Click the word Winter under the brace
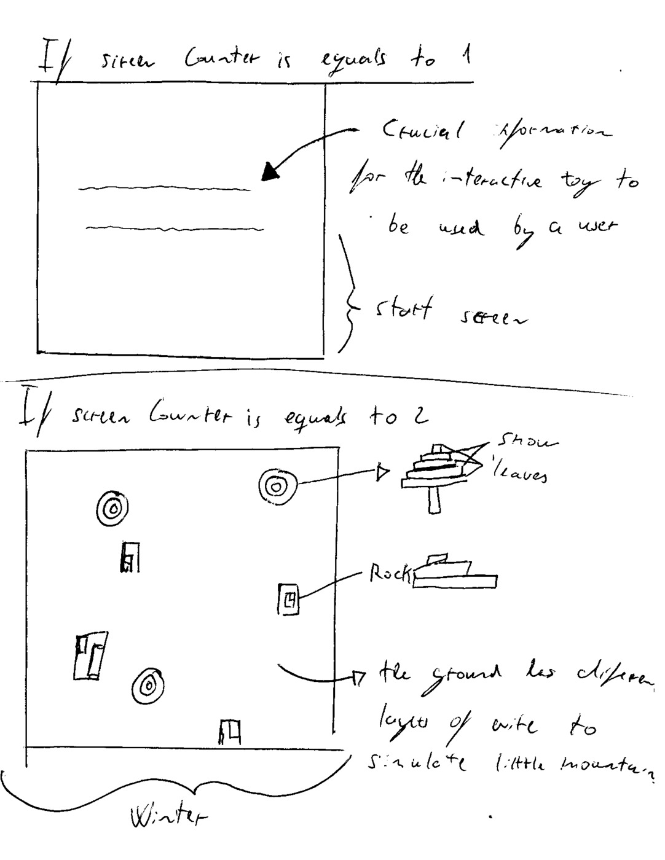click(x=168, y=818)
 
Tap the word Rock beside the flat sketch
click(x=389, y=574)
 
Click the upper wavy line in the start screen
click(x=165, y=188)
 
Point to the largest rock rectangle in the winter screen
click(x=90, y=656)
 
